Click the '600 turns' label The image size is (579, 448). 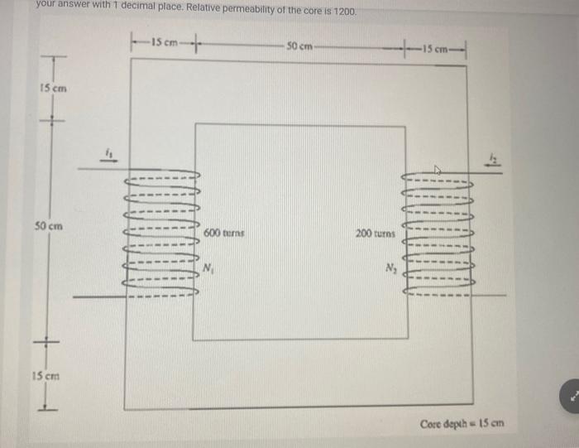point(219,234)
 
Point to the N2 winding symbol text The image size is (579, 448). point(390,267)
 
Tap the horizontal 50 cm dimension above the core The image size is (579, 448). point(299,44)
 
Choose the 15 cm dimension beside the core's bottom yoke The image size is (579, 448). point(51,373)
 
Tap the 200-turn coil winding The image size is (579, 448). point(437,234)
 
